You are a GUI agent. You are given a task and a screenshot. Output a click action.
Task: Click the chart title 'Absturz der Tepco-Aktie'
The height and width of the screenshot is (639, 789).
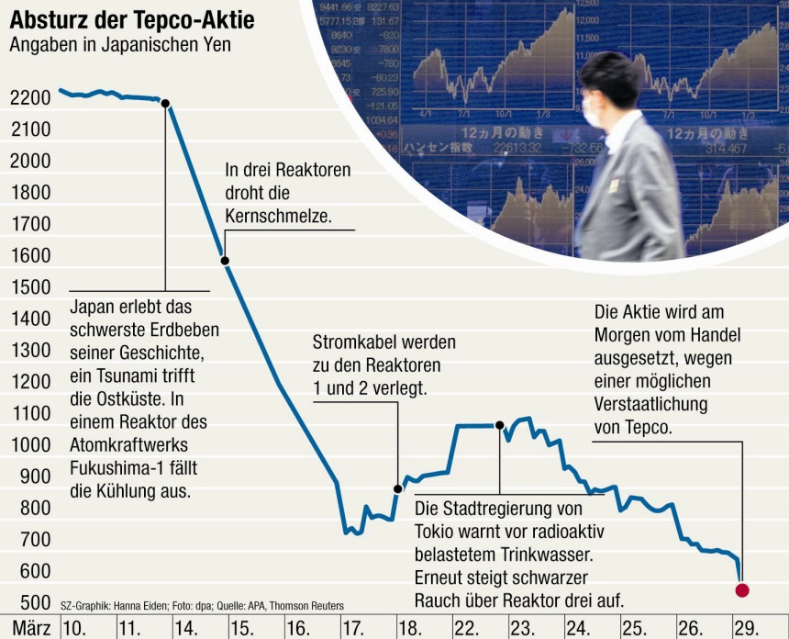(x=133, y=18)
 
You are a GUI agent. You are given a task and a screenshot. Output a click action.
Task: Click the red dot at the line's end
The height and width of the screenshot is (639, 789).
(x=742, y=589)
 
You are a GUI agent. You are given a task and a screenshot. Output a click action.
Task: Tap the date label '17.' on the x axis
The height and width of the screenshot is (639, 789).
(x=354, y=628)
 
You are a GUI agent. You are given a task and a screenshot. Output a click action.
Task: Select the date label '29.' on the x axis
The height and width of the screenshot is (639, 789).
(x=747, y=628)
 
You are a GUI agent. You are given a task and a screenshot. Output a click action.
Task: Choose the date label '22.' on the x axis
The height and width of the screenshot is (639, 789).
(x=466, y=628)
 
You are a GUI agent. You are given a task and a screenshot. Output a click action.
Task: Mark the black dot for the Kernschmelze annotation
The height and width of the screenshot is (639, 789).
(x=225, y=261)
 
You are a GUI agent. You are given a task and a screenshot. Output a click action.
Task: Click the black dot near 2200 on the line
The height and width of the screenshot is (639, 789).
(x=165, y=103)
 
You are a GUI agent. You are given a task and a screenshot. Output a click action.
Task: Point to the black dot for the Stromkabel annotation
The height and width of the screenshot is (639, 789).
(x=398, y=488)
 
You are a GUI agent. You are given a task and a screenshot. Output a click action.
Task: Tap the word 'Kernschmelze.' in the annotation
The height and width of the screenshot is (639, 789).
(x=277, y=216)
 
